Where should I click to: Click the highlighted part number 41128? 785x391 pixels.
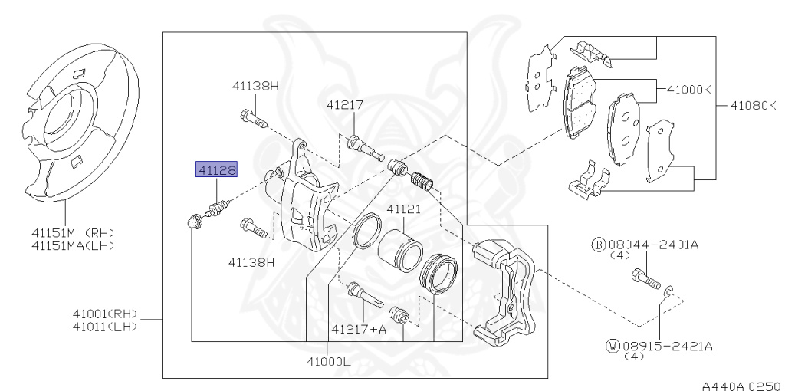point(217,169)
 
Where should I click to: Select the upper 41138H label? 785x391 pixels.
point(255,86)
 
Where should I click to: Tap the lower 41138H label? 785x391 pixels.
point(251,261)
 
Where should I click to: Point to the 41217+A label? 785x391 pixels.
point(359,329)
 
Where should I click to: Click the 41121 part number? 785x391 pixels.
point(404,209)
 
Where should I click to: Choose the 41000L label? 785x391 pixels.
point(327,362)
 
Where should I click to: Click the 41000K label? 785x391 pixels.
point(689,89)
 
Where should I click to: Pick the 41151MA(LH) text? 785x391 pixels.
point(73,245)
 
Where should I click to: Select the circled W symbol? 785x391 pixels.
point(612,346)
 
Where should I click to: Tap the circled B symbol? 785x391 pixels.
point(598,245)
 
